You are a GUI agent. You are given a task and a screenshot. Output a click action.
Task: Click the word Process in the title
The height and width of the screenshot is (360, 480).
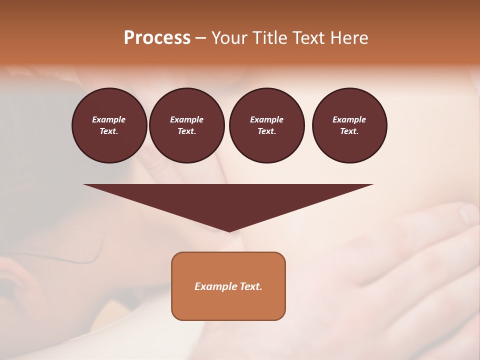click(157, 38)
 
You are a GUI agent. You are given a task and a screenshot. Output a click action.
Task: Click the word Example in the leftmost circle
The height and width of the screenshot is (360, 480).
click(109, 119)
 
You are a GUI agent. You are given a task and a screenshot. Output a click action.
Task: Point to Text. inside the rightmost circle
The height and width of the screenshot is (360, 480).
click(349, 131)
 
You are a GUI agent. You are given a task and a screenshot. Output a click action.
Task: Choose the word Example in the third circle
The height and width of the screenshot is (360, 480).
click(266, 119)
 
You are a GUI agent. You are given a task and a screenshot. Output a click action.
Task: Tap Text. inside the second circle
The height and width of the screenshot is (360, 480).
click(186, 131)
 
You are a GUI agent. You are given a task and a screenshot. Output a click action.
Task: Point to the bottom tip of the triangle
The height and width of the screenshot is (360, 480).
click(229, 230)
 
